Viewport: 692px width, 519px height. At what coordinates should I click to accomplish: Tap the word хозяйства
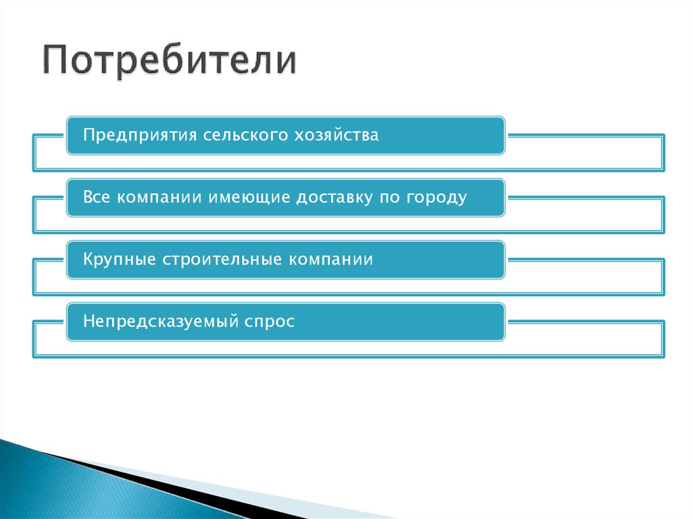[x=337, y=135]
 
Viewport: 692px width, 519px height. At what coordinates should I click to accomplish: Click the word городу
[x=437, y=198]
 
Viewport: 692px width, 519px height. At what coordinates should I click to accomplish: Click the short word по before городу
[x=392, y=198]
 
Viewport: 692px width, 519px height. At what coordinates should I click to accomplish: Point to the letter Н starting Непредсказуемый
[x=89, y=322]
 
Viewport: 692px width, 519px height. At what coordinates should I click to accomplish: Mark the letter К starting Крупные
[x=89, y=260]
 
